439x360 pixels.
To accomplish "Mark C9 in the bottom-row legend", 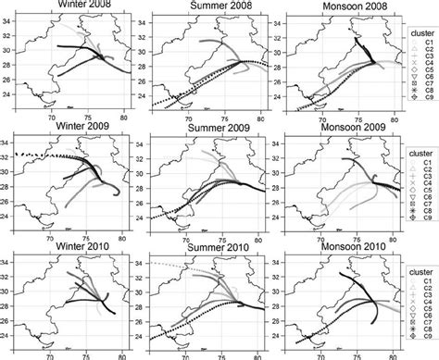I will click(427, 350).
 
